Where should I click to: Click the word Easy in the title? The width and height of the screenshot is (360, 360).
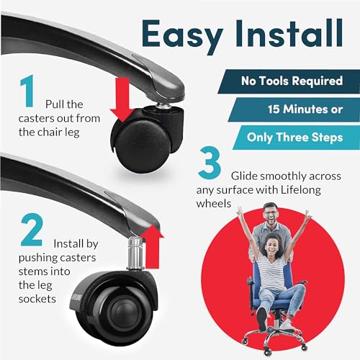coord(182,35)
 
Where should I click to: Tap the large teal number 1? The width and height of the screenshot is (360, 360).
coord(27,91)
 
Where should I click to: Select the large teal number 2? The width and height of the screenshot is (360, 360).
coord(32,230)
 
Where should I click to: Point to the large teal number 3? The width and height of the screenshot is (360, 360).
coord(210,163)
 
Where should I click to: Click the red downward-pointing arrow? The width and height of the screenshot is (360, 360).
coord(122,100)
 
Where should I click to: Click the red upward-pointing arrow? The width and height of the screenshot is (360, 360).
coord(152,247)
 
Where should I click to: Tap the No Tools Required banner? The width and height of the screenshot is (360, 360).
coord(289,81)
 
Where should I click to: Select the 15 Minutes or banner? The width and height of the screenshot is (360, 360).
coord(294,109)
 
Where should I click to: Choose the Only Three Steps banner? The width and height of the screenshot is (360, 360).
coord(297,138)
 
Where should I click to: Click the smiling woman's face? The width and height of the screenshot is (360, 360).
coord(272,246)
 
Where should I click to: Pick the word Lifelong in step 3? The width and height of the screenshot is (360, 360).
coord(301,190)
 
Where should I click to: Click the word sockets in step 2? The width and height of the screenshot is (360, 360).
coord(37,299)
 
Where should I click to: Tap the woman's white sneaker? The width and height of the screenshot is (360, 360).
coord(287,325)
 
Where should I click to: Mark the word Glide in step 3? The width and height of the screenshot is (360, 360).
coord(245,176)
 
